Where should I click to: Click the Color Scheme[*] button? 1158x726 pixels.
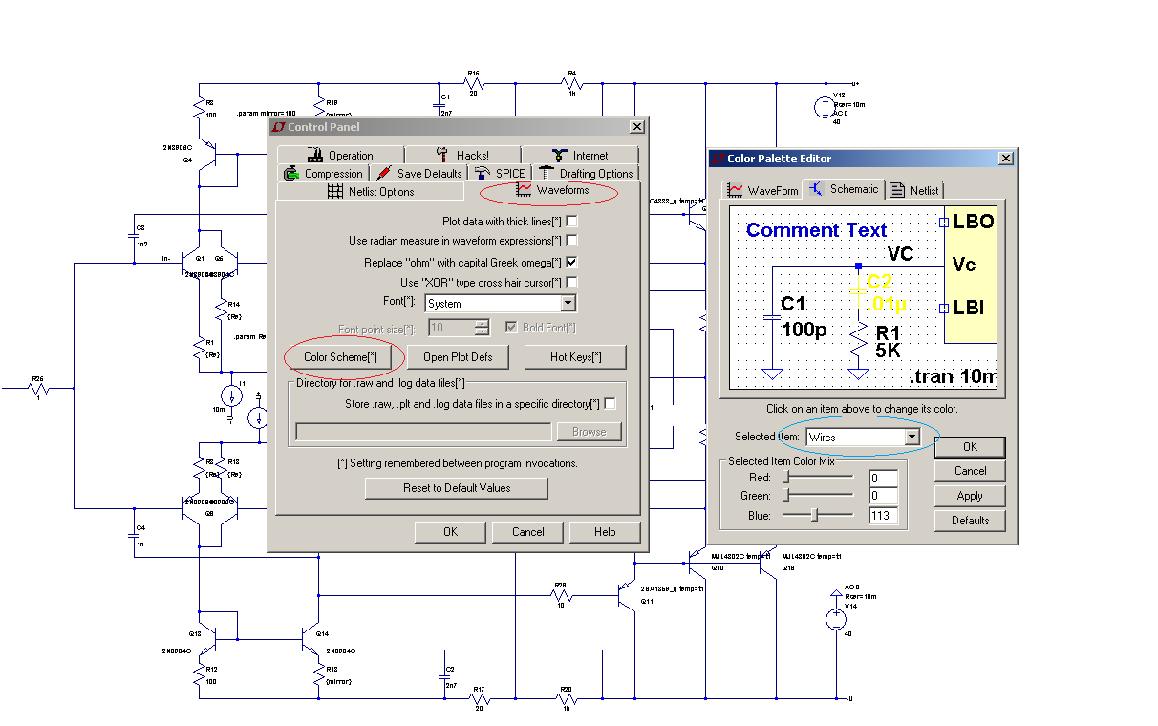[340, 357]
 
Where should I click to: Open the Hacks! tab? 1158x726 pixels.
[462, 155]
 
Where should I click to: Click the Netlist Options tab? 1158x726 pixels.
[370, 192]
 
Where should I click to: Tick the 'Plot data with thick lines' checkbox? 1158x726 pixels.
[571, 222]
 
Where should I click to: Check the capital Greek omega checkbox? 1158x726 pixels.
[571, 262]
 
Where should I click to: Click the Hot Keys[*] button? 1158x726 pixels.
[575, 357]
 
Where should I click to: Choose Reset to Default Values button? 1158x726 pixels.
[457, 488]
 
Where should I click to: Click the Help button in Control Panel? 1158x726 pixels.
[605, 532]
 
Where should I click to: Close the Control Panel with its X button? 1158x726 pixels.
[637, 127]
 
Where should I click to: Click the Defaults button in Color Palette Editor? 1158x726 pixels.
[970, 521]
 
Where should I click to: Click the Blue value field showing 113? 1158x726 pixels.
[883, 516]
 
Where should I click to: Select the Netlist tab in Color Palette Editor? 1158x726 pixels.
[914, 190]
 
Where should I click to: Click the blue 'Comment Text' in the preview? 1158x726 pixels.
[816, 230]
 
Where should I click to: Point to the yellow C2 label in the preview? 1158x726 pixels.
[879, 282]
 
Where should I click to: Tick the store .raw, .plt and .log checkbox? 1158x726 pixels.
[611, 404]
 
